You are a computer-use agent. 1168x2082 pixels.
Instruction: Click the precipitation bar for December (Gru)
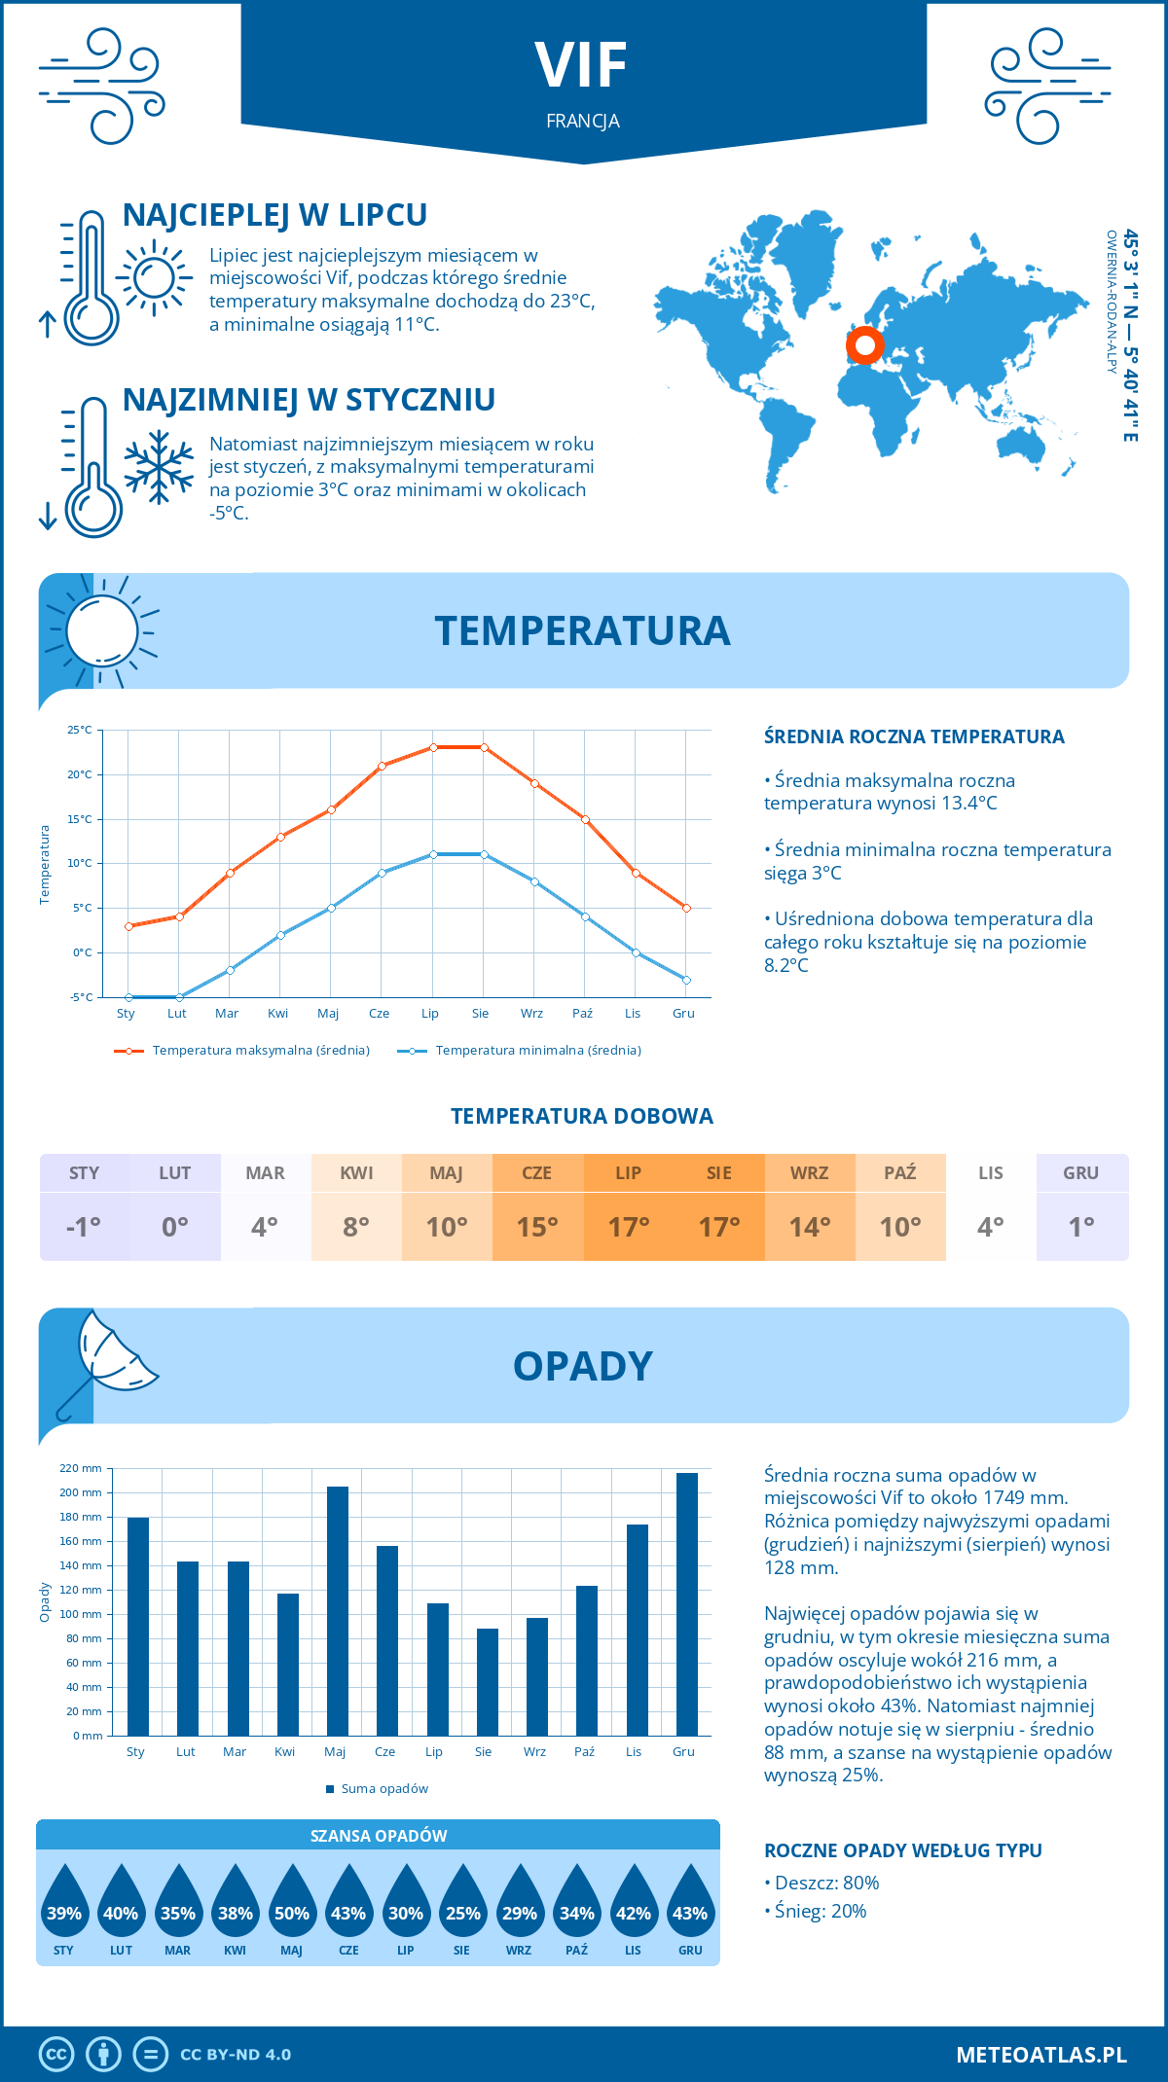[x=686, y=1604]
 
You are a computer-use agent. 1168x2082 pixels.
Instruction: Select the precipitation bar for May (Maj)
[x=338, y=1611]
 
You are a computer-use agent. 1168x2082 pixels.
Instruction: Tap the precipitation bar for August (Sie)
[x=488, y=1682]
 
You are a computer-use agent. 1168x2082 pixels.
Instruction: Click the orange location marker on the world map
[x=864, y=344]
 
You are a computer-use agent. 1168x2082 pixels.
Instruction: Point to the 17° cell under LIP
[x=629, y=1227]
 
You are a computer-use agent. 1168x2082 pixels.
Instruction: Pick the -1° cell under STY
[x=84, y=1227]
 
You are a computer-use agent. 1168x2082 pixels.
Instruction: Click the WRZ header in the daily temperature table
[x=810, y=1173]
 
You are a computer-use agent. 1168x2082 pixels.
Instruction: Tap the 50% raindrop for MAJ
[x=292, y=1907]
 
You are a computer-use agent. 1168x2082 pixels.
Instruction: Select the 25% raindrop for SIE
[x=462, y=1907]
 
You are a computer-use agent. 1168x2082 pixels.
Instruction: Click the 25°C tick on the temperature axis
[x=80, y=730]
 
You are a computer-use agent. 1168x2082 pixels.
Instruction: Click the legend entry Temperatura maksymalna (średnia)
[x=261, y=1051]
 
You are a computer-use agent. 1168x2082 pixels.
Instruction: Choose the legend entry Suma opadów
[x=384, y=1789]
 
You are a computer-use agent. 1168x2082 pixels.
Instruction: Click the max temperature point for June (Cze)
[x=382, y=766]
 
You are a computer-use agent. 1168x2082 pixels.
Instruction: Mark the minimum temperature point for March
[x=230, y=970]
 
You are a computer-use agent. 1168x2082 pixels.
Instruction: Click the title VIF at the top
[x=582, y=66]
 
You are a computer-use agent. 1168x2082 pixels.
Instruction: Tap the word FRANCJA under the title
[x=583, y=122]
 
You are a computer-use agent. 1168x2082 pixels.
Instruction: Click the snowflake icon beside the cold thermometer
[x=159, y=467]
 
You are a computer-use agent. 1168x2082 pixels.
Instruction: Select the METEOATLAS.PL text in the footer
[x=1041, y=2055]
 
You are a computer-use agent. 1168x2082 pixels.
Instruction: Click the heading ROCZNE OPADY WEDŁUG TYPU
[x=902, y=1850]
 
